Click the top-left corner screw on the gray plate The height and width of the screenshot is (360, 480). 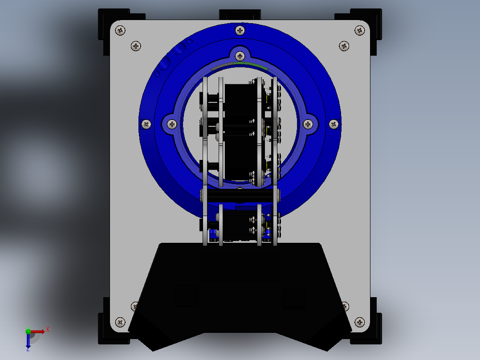(x=120, y=30)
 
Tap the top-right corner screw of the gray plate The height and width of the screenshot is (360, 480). (x=360, y=30)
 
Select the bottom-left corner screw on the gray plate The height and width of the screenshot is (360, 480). (x=120, y=322)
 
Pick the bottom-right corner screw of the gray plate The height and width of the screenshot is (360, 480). (x=360, y=322)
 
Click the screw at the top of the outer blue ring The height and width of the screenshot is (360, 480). (x=240, y=30)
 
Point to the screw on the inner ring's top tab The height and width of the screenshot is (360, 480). (x=240, y=56)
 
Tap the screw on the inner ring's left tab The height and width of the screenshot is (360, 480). (x=172, y=124)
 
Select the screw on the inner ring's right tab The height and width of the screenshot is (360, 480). (x=308, y=124)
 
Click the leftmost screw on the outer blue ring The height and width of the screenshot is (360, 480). (x=146, y=124)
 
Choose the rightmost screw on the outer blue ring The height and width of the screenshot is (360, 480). (x=334, y=124)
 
